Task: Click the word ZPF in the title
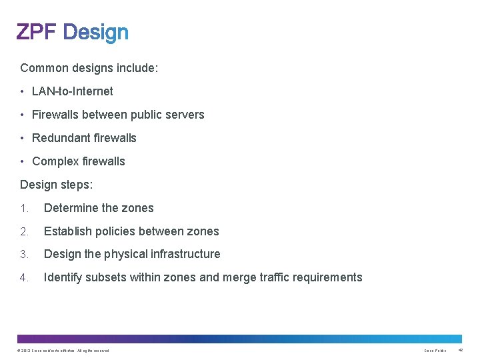tap(38, 32)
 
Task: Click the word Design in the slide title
tap(97, 32)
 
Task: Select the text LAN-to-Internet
tap(73, 91)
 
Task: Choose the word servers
tap(187, 115)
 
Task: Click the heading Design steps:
tap(57, 185)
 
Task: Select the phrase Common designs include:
tap(89, 68)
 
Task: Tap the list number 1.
tap(24, 208)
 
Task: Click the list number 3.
tap(24, 254)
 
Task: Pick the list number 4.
tap(24, 277)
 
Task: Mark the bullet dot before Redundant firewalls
tap(23, 138)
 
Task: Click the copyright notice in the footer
tap(64, 351)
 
